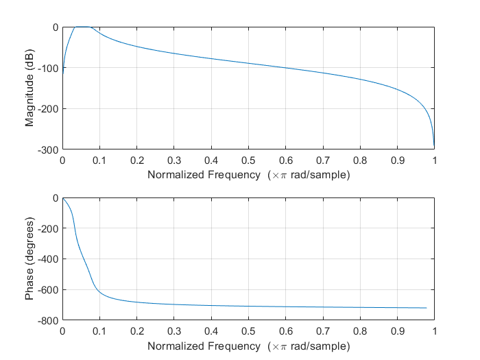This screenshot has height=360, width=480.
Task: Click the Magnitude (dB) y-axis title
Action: tap(29, 88)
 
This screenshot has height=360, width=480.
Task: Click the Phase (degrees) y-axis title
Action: tap(29, 259)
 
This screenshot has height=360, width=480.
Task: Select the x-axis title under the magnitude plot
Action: tap(248, 175)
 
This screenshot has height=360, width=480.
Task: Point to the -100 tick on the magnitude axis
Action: tap(49, 68)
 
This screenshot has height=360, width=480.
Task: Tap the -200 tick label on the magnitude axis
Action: tap(49, 108)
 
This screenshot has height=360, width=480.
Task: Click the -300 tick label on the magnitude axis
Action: tap(49, 149)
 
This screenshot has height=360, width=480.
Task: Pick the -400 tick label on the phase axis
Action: tap(49, 259)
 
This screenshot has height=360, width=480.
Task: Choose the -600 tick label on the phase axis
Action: tap(49, 290)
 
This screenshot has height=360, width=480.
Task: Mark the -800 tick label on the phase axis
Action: tap(49, 320)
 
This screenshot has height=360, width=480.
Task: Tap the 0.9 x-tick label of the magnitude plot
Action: tap(397, 160)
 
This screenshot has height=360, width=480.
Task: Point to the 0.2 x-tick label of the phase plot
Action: tap(136, 331)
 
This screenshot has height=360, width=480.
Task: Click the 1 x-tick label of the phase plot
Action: tap(434, 331)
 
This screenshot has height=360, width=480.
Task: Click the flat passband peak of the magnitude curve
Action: tap(82, 27)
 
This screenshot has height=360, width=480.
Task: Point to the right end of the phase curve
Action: tap(426, 308)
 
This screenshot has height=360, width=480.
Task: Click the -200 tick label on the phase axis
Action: tap(49, 228)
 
